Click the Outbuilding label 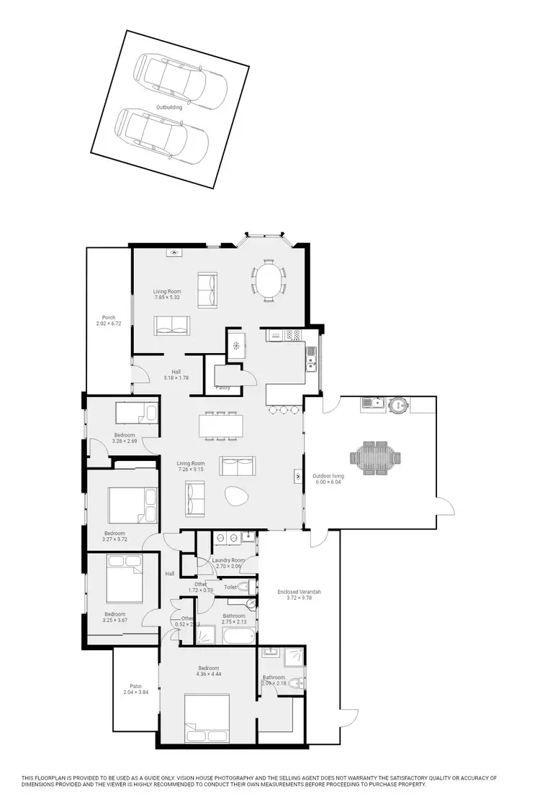[x=169, y=107]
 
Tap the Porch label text [x=109, y=317]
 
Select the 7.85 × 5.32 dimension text [x=166, y=297]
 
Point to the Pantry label [x=223, y=388]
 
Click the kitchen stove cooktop [x=293, y=334]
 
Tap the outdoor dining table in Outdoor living [x=374, y=459]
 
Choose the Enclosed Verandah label [x=299, y=592]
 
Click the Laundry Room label [x=228, y=560]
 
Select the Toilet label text [x=230, y=588]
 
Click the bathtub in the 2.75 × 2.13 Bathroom [x=237, y=636]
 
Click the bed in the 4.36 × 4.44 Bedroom [x=207, y=717]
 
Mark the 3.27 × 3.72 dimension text [x=116, y=539]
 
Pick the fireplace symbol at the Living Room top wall [x=175, y=252]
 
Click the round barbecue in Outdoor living [x=398, y=405]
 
